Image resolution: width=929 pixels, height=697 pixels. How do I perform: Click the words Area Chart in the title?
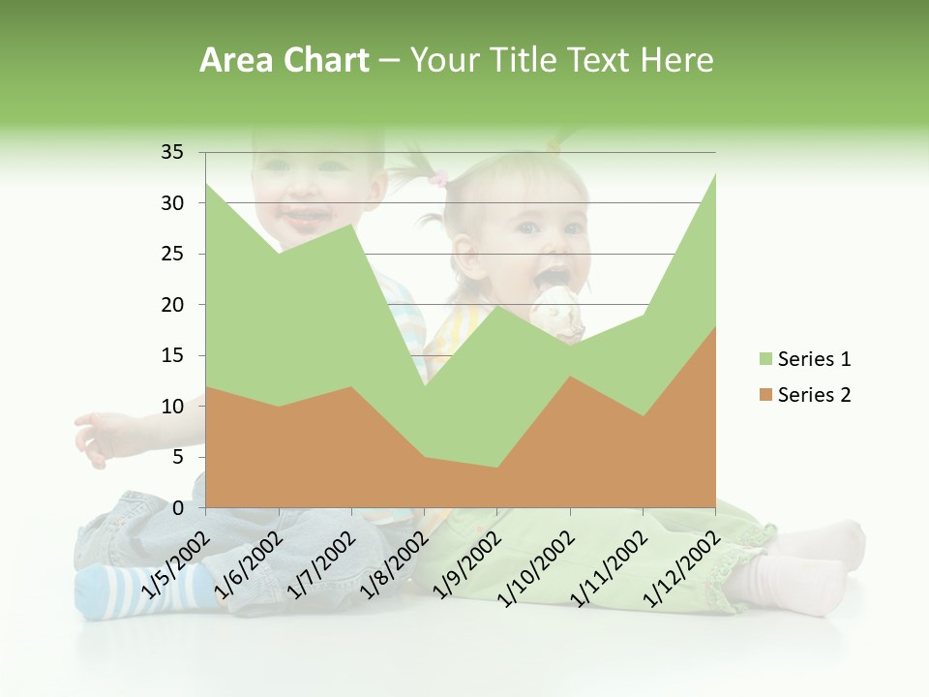point(284,61)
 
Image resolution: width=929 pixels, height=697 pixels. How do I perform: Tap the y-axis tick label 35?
point(172,152)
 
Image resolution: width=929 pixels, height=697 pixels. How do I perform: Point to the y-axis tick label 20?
point(172,305)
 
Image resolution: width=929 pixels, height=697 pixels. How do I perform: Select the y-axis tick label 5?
point(178,457)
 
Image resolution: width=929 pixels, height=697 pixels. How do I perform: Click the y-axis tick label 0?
point(178,507)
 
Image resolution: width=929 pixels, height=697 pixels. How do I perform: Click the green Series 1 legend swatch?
point(766,359)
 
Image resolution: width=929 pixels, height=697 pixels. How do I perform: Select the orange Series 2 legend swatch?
point(766,394)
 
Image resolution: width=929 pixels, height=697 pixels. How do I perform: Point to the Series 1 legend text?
point(814,359)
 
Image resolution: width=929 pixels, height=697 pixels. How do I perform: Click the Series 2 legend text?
point(814,394)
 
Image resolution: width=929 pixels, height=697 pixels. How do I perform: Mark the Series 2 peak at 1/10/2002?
point(570,376)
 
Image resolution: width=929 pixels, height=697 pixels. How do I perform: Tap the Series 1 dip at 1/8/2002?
point(424,386)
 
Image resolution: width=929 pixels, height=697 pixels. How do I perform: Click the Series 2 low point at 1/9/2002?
point(497,468)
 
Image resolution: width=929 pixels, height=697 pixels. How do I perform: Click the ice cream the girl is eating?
point(558,308)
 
